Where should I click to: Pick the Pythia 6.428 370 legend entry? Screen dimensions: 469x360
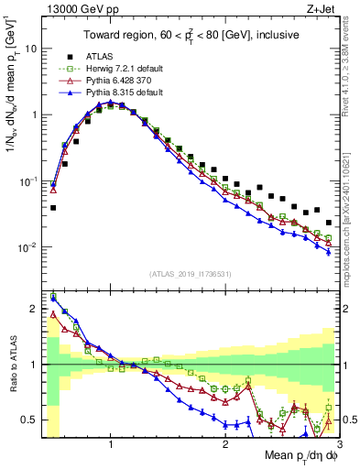click(x=128, y=80)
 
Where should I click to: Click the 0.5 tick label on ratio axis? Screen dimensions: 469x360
click(x=27, y=420)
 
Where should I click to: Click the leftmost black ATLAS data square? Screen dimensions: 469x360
click(x=53, y=208)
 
